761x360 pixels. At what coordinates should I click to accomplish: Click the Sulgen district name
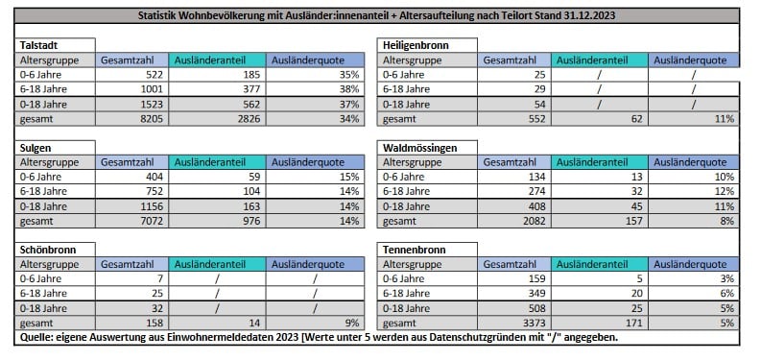pyautogui.click(x=36, y=148)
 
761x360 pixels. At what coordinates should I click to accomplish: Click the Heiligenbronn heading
pyautogui.click(x=416, y=45)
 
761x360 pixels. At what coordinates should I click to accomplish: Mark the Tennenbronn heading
pyautogui.click(x=415, y=250)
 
